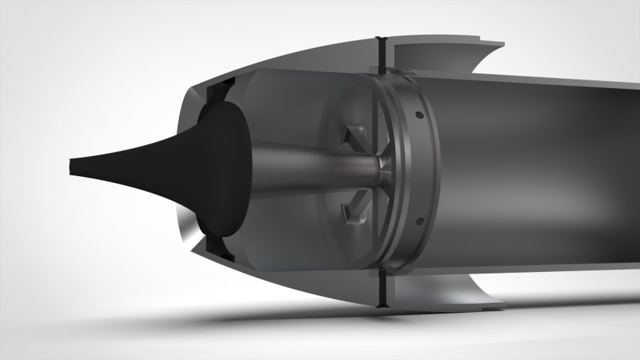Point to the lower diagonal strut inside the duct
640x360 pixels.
(x=356, y=205)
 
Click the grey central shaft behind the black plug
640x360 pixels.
(x=309, y=169)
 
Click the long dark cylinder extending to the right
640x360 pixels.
(x=540, y=170)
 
